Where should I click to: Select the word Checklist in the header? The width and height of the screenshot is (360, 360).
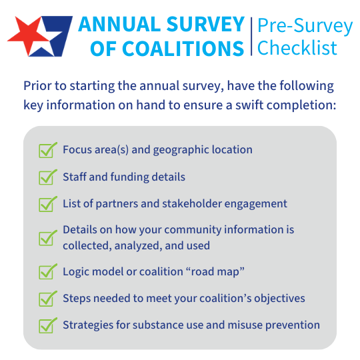tap(297, 48)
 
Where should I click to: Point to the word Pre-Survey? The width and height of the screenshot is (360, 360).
tap(305, 26)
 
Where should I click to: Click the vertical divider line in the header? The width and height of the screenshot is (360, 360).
tap(251, 37)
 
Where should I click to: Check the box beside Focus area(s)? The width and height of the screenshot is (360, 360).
tap(47, 150)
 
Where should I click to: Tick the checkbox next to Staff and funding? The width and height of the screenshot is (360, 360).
tap(47, 177)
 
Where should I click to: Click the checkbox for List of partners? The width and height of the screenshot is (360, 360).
tap(47, 204)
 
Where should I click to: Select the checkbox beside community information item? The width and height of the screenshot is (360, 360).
tap(47, 237)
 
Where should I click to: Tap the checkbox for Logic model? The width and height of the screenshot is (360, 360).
tap(47, 271)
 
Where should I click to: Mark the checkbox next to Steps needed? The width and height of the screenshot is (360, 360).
tap(47, 298)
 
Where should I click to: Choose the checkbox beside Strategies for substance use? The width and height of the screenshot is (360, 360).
tap(47, 325)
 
